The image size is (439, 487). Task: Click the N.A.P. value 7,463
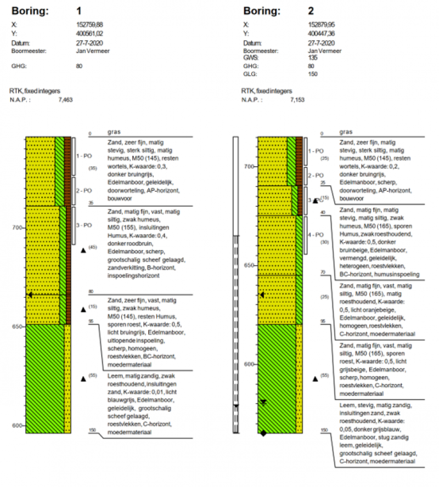[65, 100]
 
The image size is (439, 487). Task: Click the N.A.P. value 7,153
[296, 100]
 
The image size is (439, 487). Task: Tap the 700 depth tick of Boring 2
[248, 166]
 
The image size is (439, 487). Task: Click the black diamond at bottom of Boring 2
[263, 433]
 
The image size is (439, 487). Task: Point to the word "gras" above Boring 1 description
[114, 132]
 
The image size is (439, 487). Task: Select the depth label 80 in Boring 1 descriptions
[91, 292]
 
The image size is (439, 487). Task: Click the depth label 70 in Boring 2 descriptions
[323, 272]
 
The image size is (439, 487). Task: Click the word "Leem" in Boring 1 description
[114, 376]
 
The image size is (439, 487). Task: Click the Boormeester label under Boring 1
[29, 50]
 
